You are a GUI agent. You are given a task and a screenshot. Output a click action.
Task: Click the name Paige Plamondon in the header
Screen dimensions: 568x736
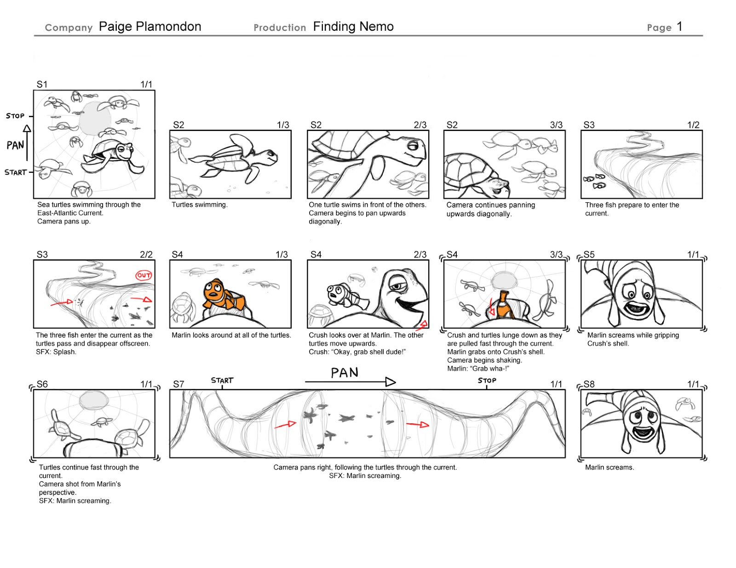pyautogui.click(x=150, y=27)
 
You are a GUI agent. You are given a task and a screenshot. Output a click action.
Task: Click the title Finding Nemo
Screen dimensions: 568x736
pyautogui.click(x=353, y=27)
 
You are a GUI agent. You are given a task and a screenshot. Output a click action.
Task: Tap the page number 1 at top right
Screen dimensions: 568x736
pyautogui.click(x=679, y=27)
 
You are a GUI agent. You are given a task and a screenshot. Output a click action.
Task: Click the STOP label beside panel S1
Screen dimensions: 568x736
pyautogui.click(x=15, y=116)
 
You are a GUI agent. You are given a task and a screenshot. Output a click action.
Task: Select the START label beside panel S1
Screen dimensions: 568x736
pyautogui.click(x=15, y=172)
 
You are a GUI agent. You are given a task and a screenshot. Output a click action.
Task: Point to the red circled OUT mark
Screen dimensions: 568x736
pyautogui.click(x=144, y=275)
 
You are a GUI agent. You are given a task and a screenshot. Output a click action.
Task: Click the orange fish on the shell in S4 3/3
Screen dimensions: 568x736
pyautogui.click(x=504, y=306)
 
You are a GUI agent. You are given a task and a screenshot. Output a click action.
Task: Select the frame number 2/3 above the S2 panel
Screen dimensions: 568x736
pyautogui.click(x=420, y=125)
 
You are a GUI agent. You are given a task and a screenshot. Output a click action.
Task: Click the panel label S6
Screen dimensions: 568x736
pyautogui.click(x=42, y=384)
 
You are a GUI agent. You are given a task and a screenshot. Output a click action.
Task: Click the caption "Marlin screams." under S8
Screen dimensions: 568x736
pyautogui.click(x=609, y=467)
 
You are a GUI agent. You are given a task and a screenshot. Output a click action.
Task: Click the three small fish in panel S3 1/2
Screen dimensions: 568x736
pyautogui.click(x=594, y=181)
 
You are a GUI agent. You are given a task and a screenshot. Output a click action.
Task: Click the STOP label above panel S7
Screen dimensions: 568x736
pyautogui.click(x=487, y=381)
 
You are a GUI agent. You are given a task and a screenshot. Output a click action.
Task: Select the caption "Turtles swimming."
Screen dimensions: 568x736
pyautogui.click(x=200, y=205)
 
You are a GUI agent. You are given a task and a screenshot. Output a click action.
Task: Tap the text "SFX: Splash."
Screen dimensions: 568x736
pyautogui.click(x=56, y=352)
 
